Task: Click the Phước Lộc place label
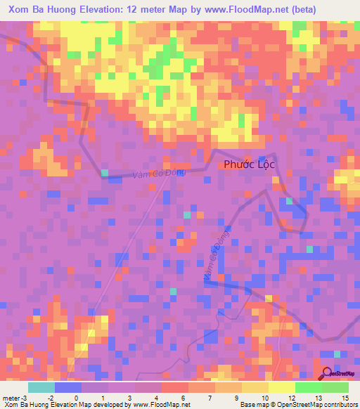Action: tap(250, 164)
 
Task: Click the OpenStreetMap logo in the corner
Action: tap(337, 372)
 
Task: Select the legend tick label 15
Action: tap(345, 397)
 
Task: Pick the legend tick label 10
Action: tap(264, 397)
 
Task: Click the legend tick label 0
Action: tap(85, 397)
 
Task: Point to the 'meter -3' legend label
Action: tap(15, 397)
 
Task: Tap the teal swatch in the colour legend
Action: tap(41, 387)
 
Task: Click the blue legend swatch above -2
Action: tap(68, 387)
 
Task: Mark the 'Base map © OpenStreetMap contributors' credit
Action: tap(298, 405)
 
